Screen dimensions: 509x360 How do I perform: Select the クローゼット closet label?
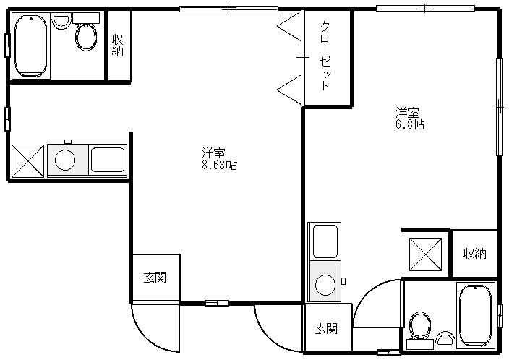pyautogui.click(x=325, y=56)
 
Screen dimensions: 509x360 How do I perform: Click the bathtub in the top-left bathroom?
pyautogui.click(x=31, y=46)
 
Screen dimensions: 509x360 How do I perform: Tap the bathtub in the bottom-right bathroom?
pyautogui.click(x=476, y=315)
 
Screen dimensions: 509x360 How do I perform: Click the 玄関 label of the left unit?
pyautogui.click(x=155, y=278)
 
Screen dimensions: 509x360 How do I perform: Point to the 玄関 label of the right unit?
pyautogui.click(x=326, y=329)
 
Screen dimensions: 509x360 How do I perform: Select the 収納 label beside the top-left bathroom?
pyautogui.click(x=118, y=46)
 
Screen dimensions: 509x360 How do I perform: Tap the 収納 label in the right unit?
pyautogui.click(x=474, y=253)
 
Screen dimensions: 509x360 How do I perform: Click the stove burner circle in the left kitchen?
pyautogui.click(x=65, y=160)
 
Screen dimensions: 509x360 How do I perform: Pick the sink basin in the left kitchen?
pyautogui.click(x=108, y=160)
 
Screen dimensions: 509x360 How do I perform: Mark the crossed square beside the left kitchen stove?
pyautogui.click(x=27, y=161)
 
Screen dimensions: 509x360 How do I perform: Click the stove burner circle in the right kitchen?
pyautogui.click(x=325, y=285)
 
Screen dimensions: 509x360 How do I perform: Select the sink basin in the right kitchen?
pyautogui.click(x=325, y=241)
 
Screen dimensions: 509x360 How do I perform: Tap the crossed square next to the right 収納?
pyautogui.click(x=426, y=254)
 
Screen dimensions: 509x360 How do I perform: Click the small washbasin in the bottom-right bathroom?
pyautogui.click(x=445, y=340)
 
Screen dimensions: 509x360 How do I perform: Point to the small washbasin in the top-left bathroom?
pyautogui.click(x=61, y=22)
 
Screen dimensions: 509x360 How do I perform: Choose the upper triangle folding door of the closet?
pyautogui.click(x=289, y=26)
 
